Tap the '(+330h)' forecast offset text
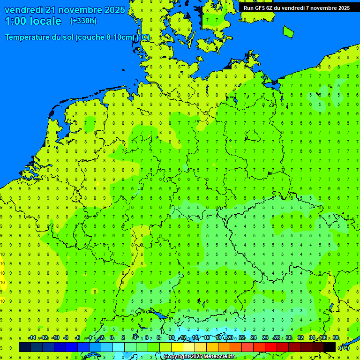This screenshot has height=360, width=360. coord(83,21)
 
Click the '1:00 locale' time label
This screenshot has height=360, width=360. coord(33,21)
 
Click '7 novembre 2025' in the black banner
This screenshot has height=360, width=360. coord(328,7)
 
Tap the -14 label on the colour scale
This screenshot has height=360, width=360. coord(32,338)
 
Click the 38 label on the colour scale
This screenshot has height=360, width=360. coord(336,338)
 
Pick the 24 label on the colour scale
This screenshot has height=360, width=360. coord(254,338)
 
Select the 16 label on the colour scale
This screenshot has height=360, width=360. coord(207,338)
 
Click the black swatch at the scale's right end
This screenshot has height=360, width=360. coord(330,347)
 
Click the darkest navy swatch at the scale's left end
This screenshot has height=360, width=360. coord(25,347)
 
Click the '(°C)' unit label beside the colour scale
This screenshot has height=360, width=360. coord(345,347)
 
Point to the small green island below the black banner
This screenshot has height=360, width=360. coord(288,31)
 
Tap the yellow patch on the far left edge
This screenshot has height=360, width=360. coord(2,281)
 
